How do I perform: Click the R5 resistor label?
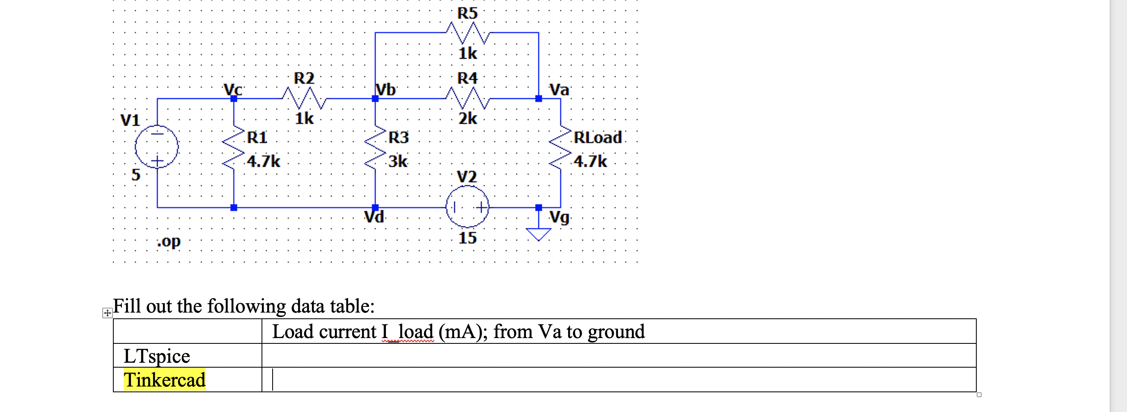point(467,13)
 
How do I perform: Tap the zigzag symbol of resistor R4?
point(467,98)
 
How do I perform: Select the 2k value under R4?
point(467,119)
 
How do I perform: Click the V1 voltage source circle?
point(156,147)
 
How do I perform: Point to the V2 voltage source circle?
point(467,207)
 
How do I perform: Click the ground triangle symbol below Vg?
point(538,235)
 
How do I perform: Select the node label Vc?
point(233,89)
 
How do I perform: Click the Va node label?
point(559,90)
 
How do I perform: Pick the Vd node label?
point(374,217)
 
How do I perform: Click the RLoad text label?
point(598,138)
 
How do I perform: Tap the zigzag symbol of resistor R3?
point(375,149)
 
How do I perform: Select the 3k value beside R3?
point(398,161)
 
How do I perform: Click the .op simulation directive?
point(169,241)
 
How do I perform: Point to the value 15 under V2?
point(467,238)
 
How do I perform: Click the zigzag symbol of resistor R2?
point(305,98)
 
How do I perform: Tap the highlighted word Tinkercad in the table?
point(165,380)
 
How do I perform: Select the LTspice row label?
point(156,356)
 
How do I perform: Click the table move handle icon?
point(107,313)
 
